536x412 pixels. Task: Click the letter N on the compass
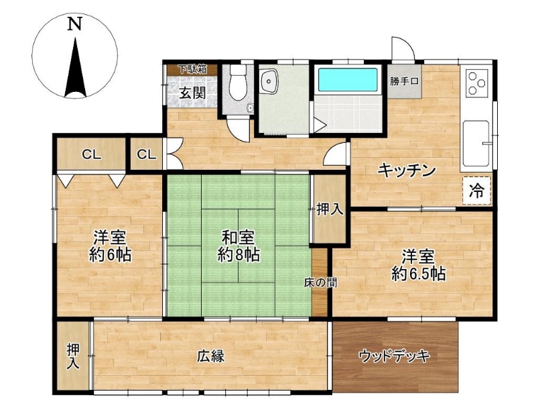point(74,24)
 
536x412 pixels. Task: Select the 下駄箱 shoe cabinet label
point(193,69)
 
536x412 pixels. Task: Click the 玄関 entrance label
point(193,93)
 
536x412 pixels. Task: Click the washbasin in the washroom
point(270,81)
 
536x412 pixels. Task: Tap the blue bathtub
point(348,79)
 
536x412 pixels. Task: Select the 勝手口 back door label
point(404,81)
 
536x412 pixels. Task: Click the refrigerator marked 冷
point(477,191)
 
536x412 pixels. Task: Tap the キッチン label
point(407,170)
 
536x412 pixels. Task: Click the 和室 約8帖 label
point(239,246)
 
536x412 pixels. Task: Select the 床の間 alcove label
point(320,282)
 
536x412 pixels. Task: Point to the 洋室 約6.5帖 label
point(418,265)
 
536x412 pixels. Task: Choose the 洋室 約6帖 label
point(110,246)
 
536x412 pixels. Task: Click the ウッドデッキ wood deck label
point(394,357)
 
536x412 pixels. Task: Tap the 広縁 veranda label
point(210,356)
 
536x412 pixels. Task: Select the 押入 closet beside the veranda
point(73,356)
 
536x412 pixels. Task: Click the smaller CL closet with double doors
point(146,154)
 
